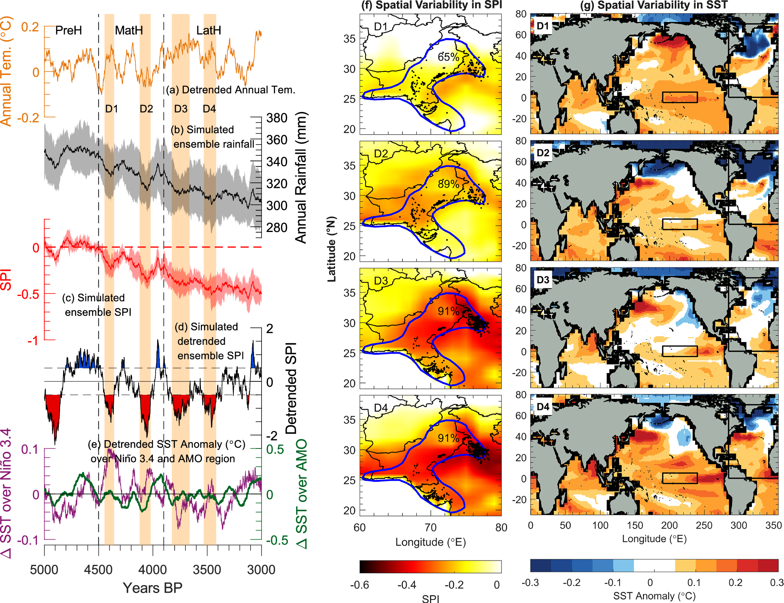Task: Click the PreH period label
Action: click(x=68, y=30)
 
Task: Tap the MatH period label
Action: click(x=129, y=30)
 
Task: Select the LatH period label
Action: click(x=208, y=30)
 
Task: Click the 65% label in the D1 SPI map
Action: click(x=448, y=57)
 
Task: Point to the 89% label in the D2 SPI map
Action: click(x=448, y=184)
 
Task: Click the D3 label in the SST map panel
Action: click(x=543, y=280)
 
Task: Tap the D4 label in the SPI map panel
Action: click(x=381, y=408)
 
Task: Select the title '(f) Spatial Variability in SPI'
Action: click(x=431, y=5)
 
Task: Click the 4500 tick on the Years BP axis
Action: click(x=98, y=570)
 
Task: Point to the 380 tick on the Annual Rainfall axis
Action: click(x=277, y=118)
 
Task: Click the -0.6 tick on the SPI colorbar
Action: click(x=360, y=585)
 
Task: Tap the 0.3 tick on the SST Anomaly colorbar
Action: click(x=776, y=583)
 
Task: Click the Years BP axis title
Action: click(x=152, y=588)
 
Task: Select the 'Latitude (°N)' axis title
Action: click(x=331, y=249)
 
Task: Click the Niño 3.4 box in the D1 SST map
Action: click(x=680, y=97)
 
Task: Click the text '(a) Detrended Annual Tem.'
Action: click(x=231, y=90)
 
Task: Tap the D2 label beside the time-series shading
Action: click(x=146, y=109)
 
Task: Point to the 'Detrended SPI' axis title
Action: click(x=291, y=388)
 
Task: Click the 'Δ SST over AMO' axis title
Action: click(x=302, y=494)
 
